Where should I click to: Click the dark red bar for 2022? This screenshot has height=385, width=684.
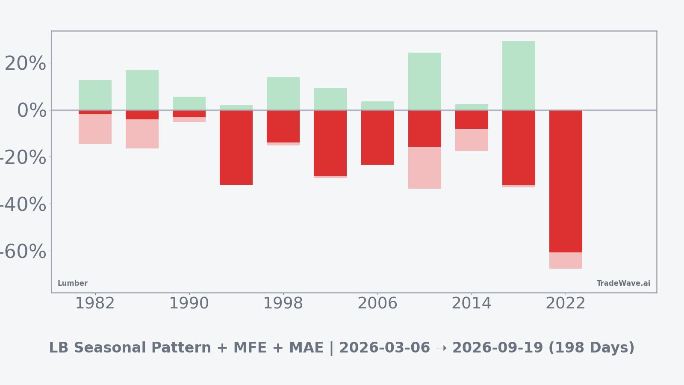(x=566, y=181)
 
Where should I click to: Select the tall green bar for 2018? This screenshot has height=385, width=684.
(x=519, y=76)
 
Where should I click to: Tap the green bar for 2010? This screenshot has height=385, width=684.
(x=425, y=81)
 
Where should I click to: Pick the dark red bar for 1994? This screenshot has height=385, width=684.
(x=236, y=148)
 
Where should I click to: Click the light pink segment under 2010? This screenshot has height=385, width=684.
(x=425, y=168)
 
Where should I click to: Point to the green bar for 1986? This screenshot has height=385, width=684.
(x=142, y=90)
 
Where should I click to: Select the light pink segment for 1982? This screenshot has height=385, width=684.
(x=95, y=129)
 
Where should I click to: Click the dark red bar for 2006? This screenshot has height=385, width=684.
(x=377, y=137)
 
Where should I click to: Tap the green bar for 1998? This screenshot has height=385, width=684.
(x=283, y=93)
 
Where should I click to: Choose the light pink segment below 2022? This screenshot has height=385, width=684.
(x=566, y=261)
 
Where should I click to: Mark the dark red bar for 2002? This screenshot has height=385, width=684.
(x=330, y=143)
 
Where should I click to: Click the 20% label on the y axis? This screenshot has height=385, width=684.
(x=26, y=64)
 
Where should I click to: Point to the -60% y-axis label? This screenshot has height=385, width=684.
(x=22, y=252)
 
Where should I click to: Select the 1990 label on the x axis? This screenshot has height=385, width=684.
(x=189, y=304)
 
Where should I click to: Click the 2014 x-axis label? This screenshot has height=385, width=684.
(x=472, y=304)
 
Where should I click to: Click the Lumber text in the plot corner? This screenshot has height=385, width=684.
(x=73, y=284)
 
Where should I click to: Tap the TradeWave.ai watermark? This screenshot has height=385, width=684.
(x=623, y=284)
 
